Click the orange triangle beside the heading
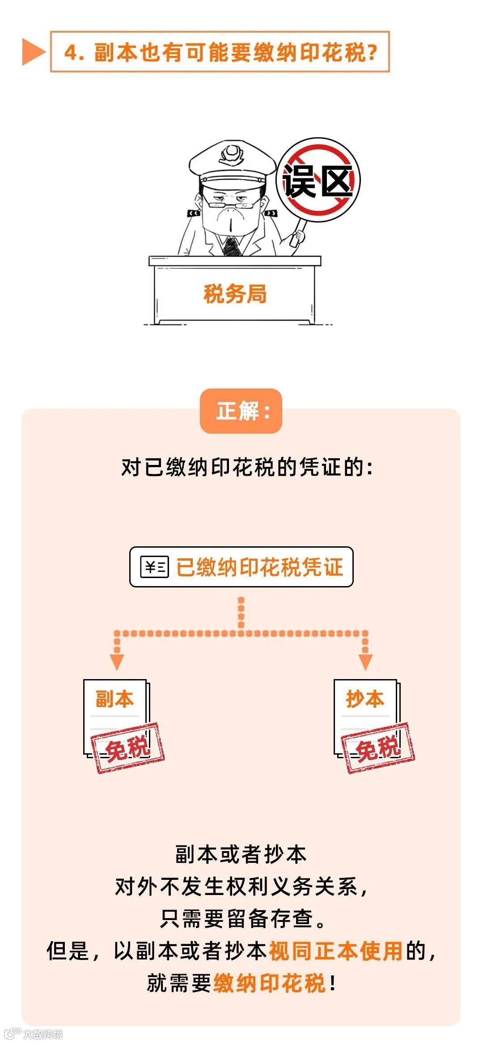[33, 52]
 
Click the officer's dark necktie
[232, 246]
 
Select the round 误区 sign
[318, 180]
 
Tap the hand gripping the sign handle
[297, 236]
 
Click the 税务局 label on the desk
[235, 294]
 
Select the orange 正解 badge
[241, 411]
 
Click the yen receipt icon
[155, 567]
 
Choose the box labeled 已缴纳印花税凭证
[241, 567]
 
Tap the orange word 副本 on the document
[115, 699]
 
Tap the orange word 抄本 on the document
[365, 699]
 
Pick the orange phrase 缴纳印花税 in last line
[269, 983]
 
